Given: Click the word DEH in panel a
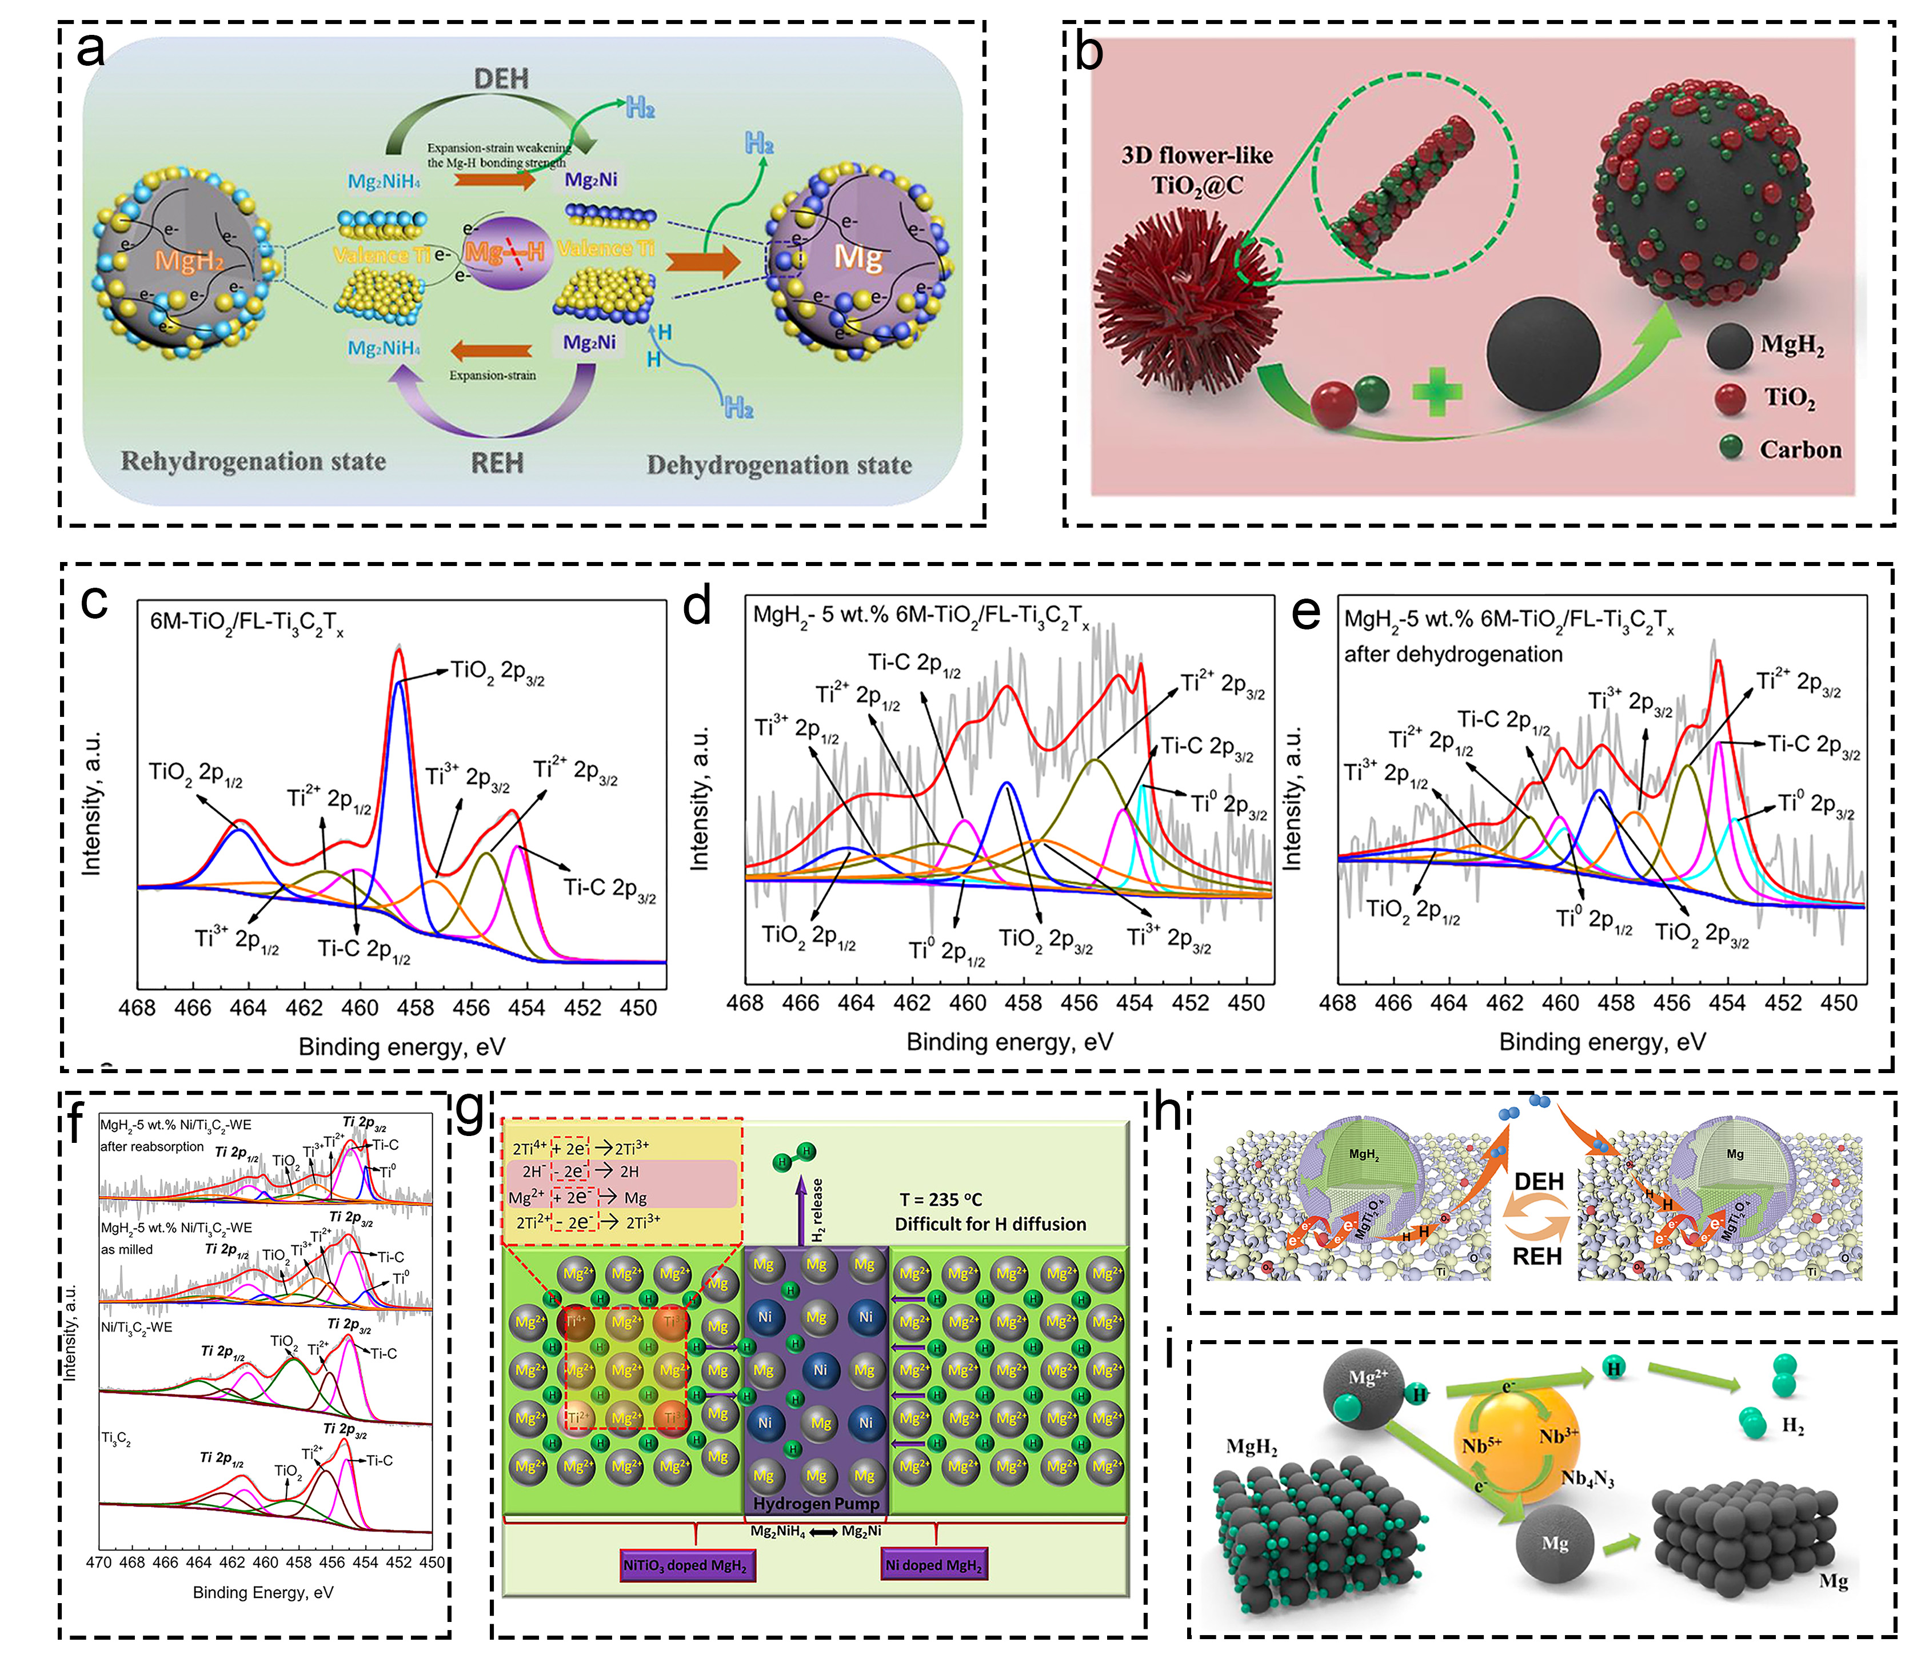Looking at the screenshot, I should (501, 79).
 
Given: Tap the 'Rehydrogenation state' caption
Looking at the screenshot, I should (254, 461).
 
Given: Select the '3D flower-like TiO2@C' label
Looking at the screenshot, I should (1197, 170).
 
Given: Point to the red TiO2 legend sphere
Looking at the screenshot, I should (1729, 398).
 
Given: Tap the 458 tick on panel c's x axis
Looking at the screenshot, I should (416, 1007).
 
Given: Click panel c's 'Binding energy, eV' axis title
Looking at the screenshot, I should (402, 1046).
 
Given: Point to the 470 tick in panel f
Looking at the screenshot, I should (99, 1562).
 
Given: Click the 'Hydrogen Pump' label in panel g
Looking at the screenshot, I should (816, 1504).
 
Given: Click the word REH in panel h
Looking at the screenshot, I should (1537, 1256).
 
